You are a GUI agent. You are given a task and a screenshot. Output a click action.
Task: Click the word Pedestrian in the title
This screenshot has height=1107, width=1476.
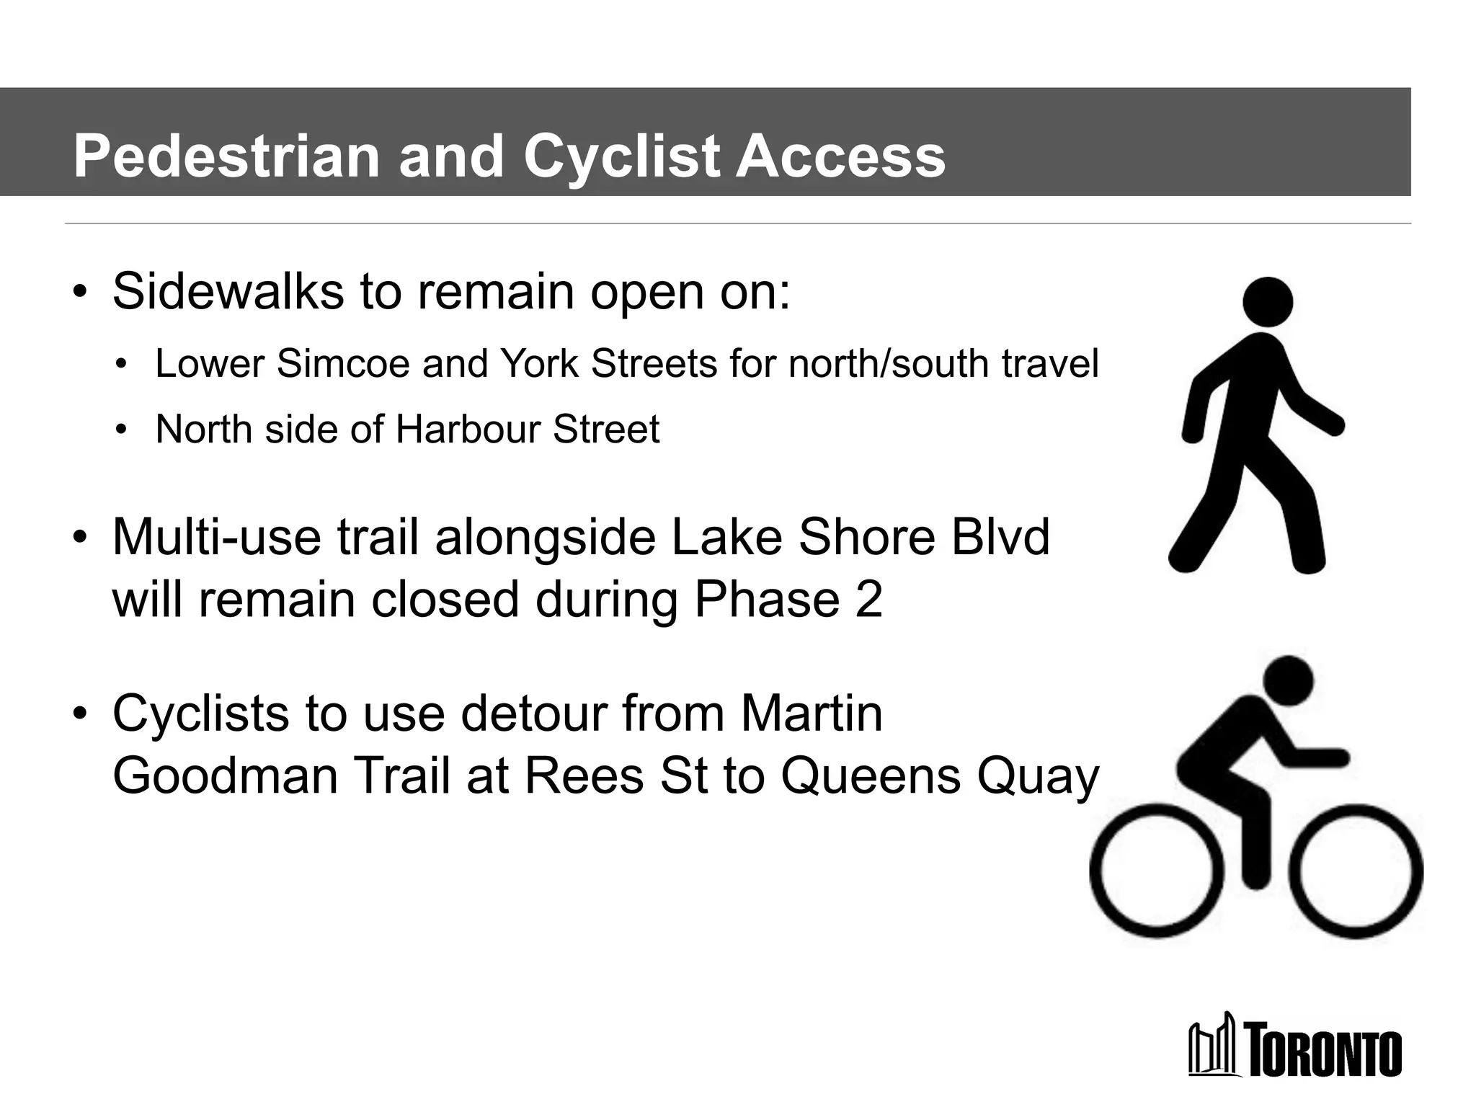pyautogui.click(x=226, y=156)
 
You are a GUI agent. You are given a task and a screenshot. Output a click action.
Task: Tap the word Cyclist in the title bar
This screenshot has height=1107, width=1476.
pyautogui.click(x=621, y=156)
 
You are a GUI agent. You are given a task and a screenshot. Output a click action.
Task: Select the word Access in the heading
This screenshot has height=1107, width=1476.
pyautogui.click(x=840, y=156)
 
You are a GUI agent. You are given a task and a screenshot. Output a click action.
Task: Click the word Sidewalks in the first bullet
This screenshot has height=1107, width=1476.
pyautogui.click(x=228, y=292)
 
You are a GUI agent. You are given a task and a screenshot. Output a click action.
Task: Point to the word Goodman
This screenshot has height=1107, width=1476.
pyautogui.click(x=225, y=776)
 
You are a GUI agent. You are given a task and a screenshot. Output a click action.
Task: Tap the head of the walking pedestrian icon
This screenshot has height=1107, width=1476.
pyautogui.click(x=1268, y=302)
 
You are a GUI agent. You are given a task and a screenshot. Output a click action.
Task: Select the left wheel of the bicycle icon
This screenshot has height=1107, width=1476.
pyautogui.click(x=1156, y=871)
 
